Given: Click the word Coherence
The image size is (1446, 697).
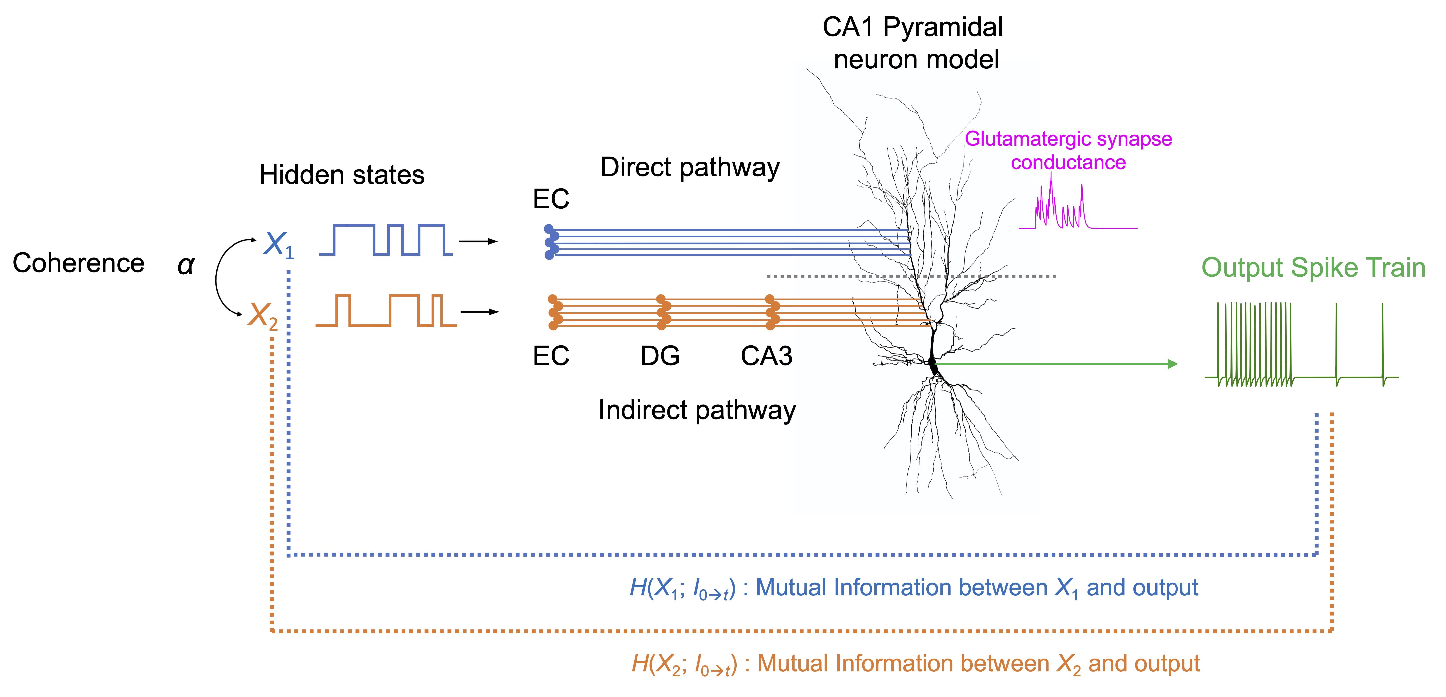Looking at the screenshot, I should pyautogui.click(x=79, y=263).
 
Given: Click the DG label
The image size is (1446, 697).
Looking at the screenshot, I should pyautogui.click(x=660, y=356).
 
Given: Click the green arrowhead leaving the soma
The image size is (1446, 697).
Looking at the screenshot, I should pyautogui.click(x=1172, y=364).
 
